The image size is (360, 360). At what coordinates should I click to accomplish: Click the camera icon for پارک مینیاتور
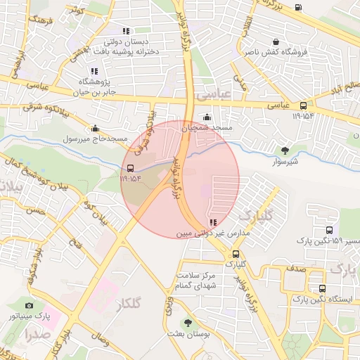point(29,305)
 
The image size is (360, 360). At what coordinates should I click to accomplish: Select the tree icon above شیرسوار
point(285,150)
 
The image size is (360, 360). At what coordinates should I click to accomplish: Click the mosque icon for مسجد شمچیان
point(207,117)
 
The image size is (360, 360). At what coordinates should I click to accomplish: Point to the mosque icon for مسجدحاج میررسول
point(95,128)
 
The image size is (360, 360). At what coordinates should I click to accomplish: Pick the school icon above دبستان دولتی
point(126,31)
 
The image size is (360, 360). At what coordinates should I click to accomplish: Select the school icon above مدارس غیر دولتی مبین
point(213,223)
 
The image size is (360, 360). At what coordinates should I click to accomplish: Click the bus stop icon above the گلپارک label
point(235,254)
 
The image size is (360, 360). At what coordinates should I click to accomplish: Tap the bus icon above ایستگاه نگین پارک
point(322,288)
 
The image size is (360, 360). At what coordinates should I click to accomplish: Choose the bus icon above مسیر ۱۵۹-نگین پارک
point(330,230)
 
